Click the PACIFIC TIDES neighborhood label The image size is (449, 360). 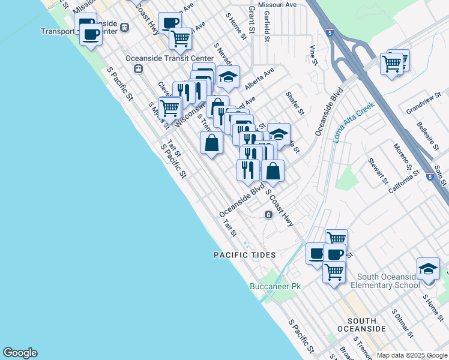coord(245,255)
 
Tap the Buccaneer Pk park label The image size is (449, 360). coord(275,286)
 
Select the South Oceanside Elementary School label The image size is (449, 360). coord(388,281)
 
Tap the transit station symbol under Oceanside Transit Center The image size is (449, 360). coord(138,68)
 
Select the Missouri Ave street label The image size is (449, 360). coord(277,4)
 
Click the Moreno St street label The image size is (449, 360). coord(402,155)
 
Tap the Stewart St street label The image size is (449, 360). coord(377,170)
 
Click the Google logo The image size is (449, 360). coord(20,353)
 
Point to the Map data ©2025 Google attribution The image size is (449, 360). coord(412,355)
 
